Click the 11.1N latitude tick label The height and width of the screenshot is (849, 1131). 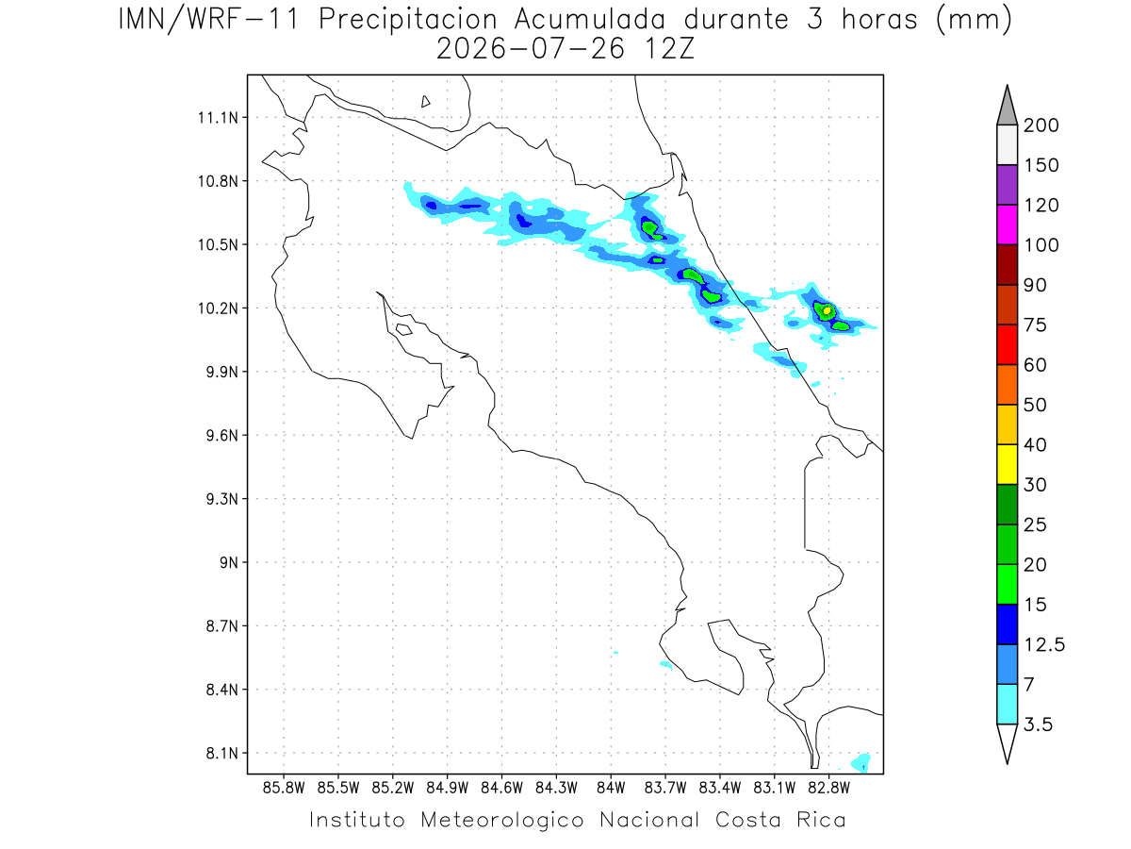coord(218,118)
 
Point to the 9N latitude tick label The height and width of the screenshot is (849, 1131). coord(229,562)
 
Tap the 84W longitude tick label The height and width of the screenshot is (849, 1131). coord(611,789)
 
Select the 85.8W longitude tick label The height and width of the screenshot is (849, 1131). coord(284,789)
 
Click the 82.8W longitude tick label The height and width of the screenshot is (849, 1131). coord(828,789)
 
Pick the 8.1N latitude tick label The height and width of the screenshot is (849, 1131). coord(222,753)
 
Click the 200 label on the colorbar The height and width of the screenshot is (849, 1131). coord(1041,125)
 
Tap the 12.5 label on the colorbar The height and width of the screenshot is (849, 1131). coord(1044,644)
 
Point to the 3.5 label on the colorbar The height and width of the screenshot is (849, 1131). coord(1038,724)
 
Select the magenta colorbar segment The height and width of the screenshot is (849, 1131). coord(1007,225)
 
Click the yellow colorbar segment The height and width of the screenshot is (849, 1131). coord(1007,464)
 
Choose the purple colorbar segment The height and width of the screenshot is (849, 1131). coord(1007,185)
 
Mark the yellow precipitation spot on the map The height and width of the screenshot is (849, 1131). coord(827,311)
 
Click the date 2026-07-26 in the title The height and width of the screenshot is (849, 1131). coord(531,49)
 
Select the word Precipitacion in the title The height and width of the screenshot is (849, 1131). coord(408,20)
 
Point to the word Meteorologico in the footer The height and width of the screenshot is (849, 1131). coord(502,820)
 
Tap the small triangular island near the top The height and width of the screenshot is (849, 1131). coord(425,102)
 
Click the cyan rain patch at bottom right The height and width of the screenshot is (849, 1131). coord(861,762)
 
